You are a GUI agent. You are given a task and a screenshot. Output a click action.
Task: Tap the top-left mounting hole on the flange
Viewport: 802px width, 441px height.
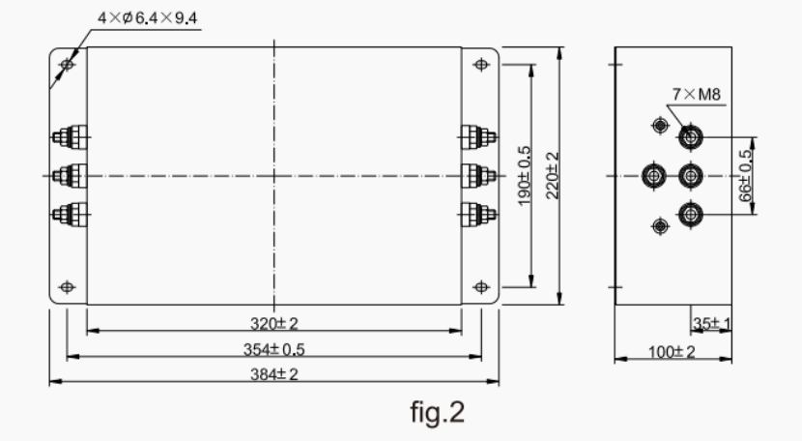point(67,65)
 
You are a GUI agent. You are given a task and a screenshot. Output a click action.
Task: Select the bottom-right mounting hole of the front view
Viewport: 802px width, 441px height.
point(482,287)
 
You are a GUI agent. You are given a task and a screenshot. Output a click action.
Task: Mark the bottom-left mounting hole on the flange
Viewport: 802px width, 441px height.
point(67,287)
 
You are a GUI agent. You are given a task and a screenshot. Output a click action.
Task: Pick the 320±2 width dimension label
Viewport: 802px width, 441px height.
point(274,321)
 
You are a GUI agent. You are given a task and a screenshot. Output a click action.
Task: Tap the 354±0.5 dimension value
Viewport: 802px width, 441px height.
point(274,348)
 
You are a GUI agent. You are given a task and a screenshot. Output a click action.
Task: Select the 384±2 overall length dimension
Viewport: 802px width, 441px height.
point(274,374)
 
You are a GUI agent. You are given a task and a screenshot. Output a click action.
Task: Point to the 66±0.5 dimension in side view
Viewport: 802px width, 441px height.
point(746,175)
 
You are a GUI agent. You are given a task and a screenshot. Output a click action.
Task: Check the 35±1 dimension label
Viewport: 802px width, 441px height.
point(710,322)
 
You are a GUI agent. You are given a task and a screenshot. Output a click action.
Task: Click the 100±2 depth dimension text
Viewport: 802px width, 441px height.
point(672,351)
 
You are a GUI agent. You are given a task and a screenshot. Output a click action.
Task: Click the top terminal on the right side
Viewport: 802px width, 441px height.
point(477,137)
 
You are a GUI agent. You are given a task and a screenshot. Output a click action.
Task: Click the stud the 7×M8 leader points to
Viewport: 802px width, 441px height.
point(690,137)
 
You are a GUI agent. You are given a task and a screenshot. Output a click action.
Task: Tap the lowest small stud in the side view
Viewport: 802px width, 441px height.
point(660,225)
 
